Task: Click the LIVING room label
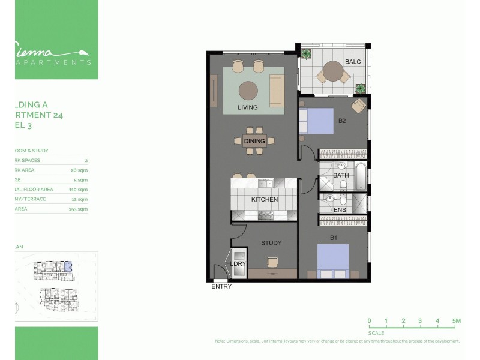click(x=247, y=108)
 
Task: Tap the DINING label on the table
click(x=254, y=142)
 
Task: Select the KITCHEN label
click(x=264, y=199)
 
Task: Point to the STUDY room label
click(x=271, y=243)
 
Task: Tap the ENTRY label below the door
click(x=221, y=287)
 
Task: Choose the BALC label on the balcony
click(x=352, y=62)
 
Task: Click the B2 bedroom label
click(x=342, y=121)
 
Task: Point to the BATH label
click(x=341, y=175)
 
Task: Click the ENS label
click(x=340, y=210)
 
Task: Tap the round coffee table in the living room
click(x=247, y=91)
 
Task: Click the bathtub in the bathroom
click(x=361, y=176)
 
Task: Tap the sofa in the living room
click(x=276, y=91)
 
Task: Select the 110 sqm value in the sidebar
click(x=79, y=190)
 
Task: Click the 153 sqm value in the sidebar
click(x=79, y=209)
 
